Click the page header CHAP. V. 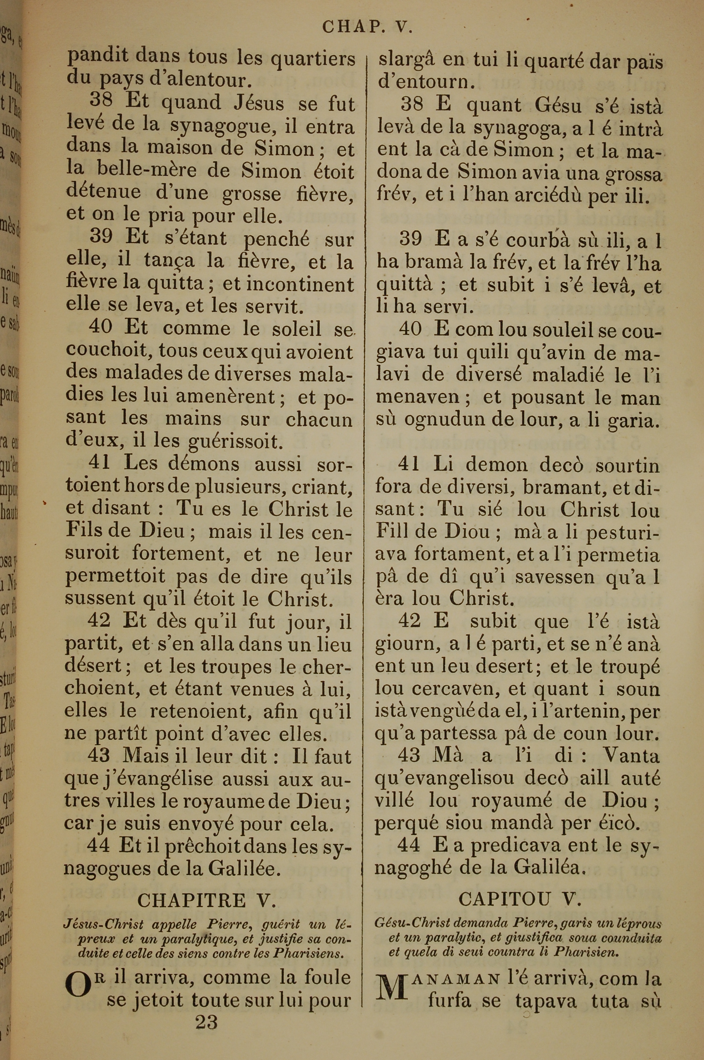pos(367,27)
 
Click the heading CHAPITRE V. pos(206,900)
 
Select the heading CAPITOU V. pos(520,899)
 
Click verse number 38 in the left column pos(101,101)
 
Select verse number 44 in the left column pos(98,846)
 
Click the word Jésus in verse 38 pos(259,103)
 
